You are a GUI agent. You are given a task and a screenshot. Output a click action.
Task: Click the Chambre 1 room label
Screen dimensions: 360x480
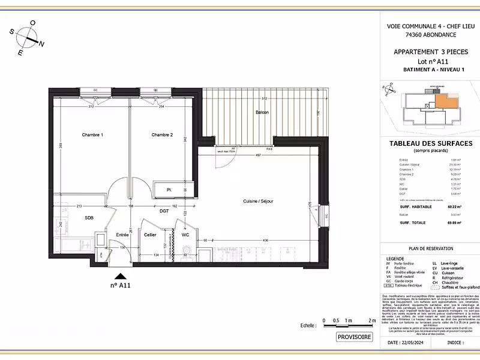click(x=92, y=135)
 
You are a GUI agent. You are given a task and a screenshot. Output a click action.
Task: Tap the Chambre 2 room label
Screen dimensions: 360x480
click(x=162, y=135)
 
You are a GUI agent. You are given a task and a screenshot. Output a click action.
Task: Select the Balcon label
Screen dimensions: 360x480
click(x=262, y=112)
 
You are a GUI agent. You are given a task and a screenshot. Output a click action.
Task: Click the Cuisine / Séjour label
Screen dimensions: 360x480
click(x=258, y=201)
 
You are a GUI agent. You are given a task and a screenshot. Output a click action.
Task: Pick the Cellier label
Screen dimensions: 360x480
click(x=150, y=235)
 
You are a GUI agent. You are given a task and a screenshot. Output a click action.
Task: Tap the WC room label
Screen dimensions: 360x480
click(x=185, y=235)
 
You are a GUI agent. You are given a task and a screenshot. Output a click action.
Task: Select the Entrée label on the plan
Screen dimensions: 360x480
click(x=122, y=235)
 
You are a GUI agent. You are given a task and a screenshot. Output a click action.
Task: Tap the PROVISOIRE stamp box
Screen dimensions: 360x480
click(x=355, y=337)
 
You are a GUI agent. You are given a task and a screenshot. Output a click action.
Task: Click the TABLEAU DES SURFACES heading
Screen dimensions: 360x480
click(x=431, y=143)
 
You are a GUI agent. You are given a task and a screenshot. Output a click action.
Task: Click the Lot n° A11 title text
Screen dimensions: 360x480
click(x=431, y=62)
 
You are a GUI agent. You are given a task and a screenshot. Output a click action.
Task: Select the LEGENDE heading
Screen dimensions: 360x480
click(x=397, y=258)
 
